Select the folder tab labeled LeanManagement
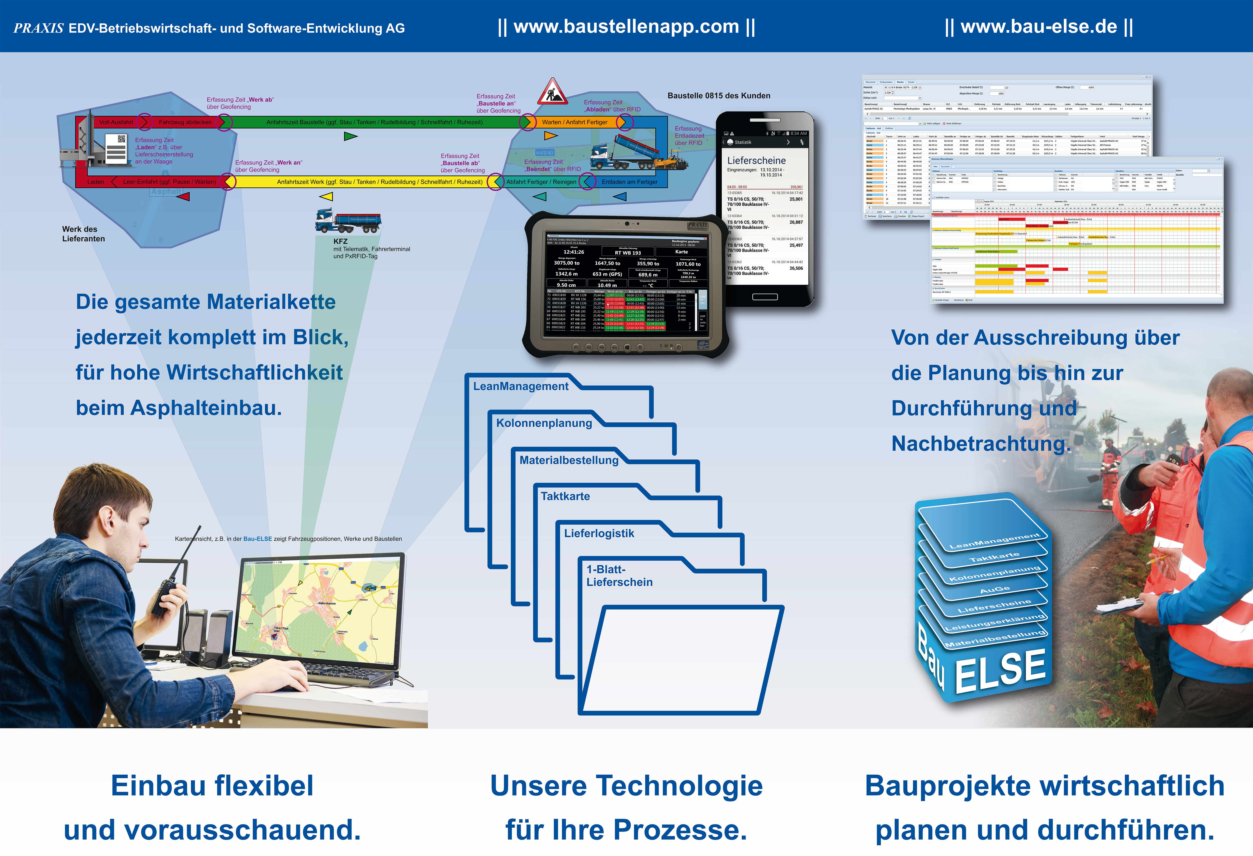[520, 387]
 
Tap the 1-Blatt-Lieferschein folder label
[619, 576]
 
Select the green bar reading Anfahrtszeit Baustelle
[374, 122]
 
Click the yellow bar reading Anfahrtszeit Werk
[380, 182]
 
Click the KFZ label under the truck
[340, 242]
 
